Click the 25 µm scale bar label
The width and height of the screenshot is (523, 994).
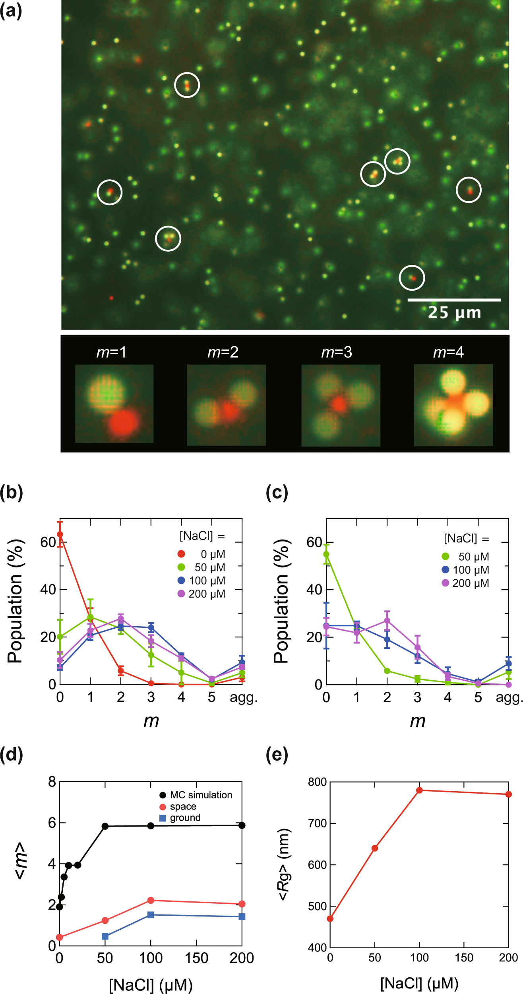point(454,313)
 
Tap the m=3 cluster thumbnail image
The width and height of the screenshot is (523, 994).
point(341,405)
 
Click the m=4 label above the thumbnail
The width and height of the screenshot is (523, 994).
point(448,352)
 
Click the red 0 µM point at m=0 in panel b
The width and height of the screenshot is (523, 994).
point(60,534)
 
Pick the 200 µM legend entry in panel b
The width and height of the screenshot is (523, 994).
point(201,594)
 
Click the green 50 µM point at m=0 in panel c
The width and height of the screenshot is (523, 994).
point(326,554)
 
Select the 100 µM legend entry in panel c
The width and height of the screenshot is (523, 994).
point(465,570)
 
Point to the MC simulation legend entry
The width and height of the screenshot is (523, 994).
point(196,795)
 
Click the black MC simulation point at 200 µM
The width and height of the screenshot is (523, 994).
point(242,825)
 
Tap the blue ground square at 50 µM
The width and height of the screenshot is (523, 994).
point(105,936)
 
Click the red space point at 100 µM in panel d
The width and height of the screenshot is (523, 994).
point(151,900)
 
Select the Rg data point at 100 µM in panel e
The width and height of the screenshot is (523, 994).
point(419,790)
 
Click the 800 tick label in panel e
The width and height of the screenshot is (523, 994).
point(317,782)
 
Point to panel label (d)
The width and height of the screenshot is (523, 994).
point(12,754)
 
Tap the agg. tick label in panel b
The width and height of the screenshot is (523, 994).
point(244,697)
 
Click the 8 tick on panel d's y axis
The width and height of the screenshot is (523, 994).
point(52,782)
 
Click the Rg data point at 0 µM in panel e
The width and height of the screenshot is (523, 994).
point(330,918)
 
